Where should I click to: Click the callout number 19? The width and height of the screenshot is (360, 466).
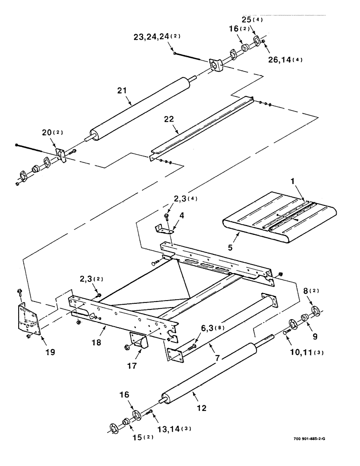50,352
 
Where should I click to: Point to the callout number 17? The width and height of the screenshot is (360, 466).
133,366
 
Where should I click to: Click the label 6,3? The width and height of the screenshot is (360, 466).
196,330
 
